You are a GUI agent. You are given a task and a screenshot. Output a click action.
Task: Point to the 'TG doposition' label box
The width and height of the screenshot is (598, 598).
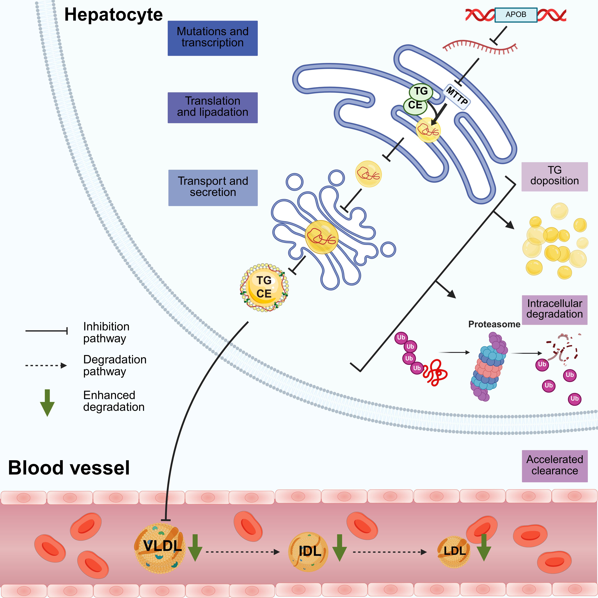tap(554, 176)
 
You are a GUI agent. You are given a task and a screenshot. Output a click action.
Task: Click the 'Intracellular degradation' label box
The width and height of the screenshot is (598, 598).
tap(554, 310)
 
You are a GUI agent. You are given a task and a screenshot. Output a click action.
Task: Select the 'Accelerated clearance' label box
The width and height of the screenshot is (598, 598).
tap(554, 466)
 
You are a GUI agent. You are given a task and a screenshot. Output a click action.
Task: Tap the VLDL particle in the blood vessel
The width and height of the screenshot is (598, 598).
tap(160, 548)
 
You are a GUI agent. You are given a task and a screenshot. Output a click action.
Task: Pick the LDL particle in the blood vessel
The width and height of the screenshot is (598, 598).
tap(454, 552)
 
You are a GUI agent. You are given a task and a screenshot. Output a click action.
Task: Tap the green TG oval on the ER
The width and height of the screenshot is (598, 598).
tap(421, 91)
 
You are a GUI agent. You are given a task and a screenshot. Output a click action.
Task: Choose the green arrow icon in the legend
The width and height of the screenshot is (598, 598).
tap(47, 402)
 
